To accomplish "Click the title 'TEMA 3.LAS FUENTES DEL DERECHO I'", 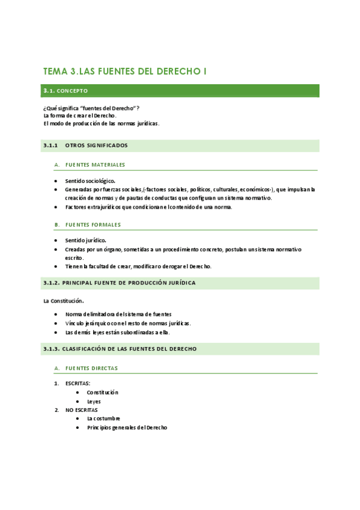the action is point(125,71).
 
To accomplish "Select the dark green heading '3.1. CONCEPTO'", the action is point(66,91).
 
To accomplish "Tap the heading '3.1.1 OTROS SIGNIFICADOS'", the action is point(85,146).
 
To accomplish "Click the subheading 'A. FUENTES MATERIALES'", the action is point(90,165).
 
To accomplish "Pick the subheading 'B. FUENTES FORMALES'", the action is point(88,224).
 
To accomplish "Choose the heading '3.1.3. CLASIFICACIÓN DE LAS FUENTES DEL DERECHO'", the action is point(120,349).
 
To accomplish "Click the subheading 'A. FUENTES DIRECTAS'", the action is point(86,368).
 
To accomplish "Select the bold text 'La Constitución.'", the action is point(64,301).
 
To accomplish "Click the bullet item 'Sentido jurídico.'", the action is point(86,240).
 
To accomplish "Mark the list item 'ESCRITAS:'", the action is point(78,383).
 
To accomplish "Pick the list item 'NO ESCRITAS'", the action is point(81,410).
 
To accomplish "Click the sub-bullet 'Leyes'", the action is point(94,401).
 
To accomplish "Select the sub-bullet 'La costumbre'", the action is point(103,419).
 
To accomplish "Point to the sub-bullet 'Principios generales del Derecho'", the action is point(127,428).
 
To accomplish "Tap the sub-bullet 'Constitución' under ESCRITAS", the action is point(102,392).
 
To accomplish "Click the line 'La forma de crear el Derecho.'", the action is point(80,115).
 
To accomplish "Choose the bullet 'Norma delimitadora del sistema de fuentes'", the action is point(118,314).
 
